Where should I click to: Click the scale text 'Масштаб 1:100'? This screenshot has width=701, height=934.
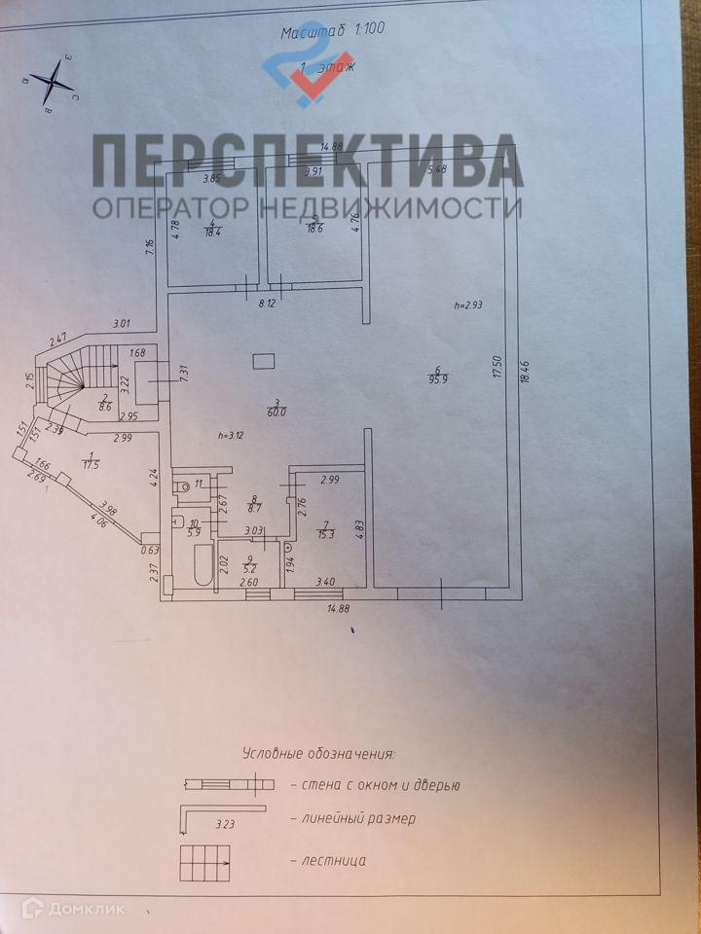click(333, 29)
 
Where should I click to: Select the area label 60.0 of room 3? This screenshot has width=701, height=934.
click(277, 413)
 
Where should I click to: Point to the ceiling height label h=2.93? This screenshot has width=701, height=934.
click(469, 305)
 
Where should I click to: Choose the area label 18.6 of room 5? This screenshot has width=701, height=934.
click(315, 229)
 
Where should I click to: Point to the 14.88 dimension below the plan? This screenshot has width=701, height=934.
click(339, 609)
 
